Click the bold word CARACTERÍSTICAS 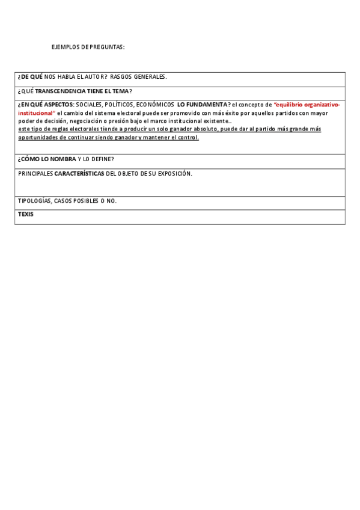[x=79, y=173]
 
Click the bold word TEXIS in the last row [x=26, y=214]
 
